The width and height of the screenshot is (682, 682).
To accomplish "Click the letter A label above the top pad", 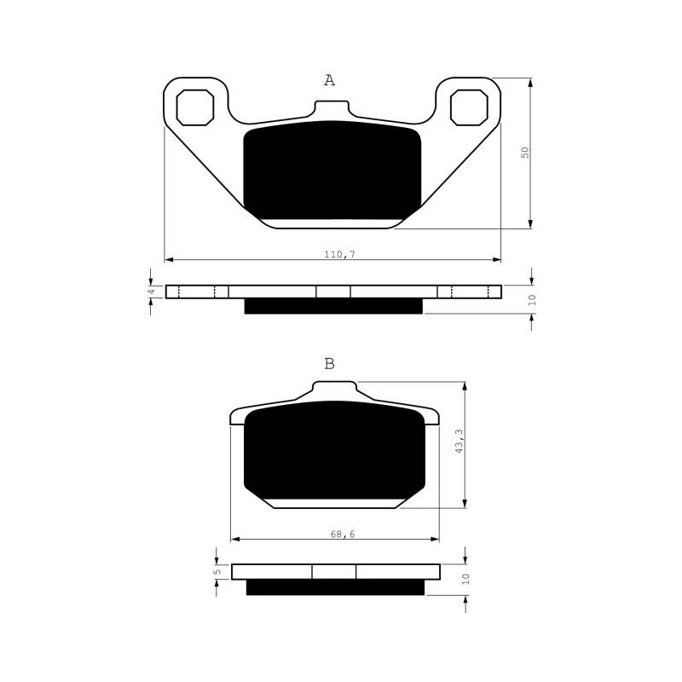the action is coord(330,80).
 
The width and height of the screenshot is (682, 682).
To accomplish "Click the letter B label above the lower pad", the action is coord(330,364).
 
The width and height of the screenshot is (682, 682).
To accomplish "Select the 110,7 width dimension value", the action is coord(339,254).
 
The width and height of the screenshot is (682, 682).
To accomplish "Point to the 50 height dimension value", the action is coord(526,153).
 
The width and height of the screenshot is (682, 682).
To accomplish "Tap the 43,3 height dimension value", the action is coord(459,441).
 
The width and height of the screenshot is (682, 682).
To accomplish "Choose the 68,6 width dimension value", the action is coord(343,535).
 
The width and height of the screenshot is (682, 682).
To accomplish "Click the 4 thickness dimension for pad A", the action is coord(152,292).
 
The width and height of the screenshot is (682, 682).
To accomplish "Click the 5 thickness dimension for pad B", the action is coord(218,571).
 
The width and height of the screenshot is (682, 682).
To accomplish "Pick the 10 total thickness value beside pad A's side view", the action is coord(532,300).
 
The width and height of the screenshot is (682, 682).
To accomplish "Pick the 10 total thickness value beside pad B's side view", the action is coord(465,579).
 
